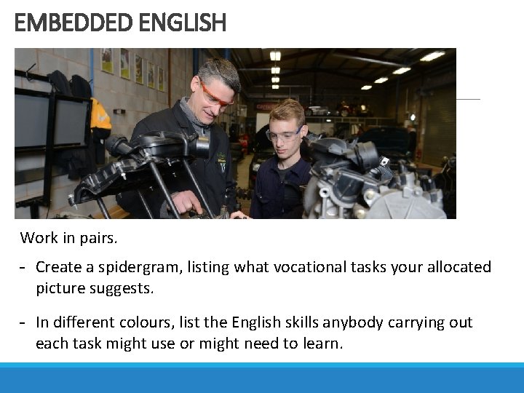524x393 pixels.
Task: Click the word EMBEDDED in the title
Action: (x=71, y=23)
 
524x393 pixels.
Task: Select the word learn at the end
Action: (x=321, y=343)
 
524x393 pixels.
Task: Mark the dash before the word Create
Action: (x=24, y=268)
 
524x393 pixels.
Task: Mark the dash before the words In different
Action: (x=24, y=322)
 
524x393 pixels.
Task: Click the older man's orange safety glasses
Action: (x=216, y=95)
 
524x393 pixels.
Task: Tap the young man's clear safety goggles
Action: (x=283, y=135)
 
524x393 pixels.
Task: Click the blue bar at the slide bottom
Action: (x=262, y=378)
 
